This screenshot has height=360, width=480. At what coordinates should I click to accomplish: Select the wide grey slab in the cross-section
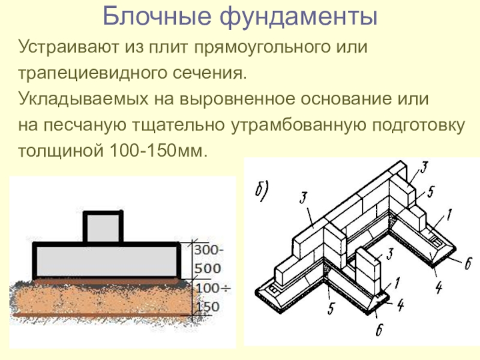[x=107, y=260]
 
